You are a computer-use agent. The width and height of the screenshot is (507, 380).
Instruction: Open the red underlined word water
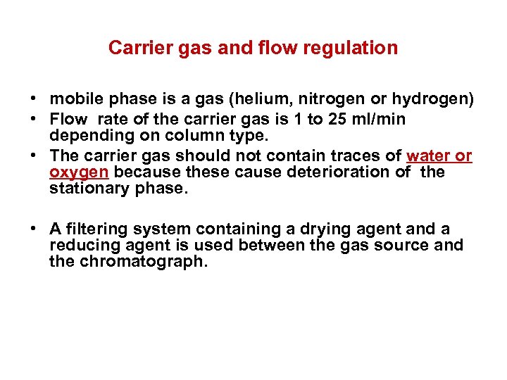coord(427,155)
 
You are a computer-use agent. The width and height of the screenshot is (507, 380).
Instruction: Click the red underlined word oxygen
coord(79,172)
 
